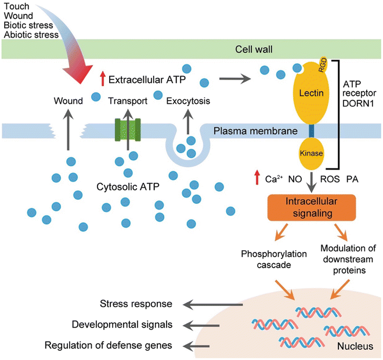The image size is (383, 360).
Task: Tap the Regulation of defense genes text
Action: pos(109,345)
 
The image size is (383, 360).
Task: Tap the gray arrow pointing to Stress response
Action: pos(212,304)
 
